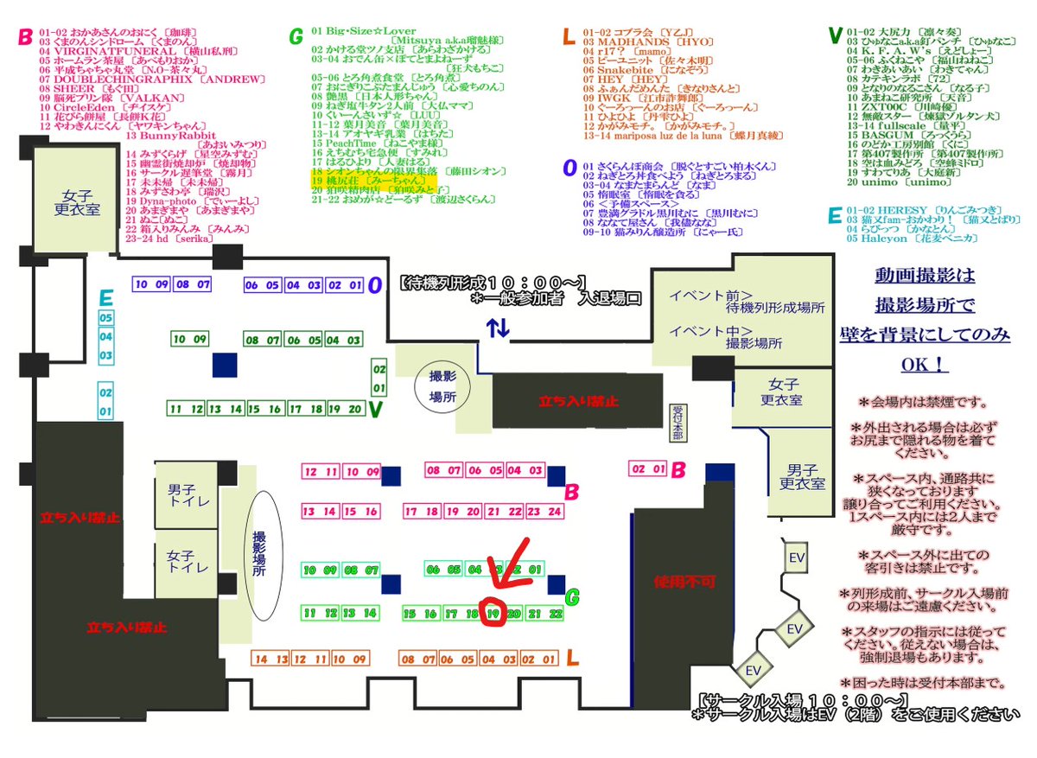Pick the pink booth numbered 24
(555, 512)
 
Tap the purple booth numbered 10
(141, 284)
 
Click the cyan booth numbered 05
(105, 317)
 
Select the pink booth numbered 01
(658, 469)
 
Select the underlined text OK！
(924, 366)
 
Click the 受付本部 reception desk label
(677, 423)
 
